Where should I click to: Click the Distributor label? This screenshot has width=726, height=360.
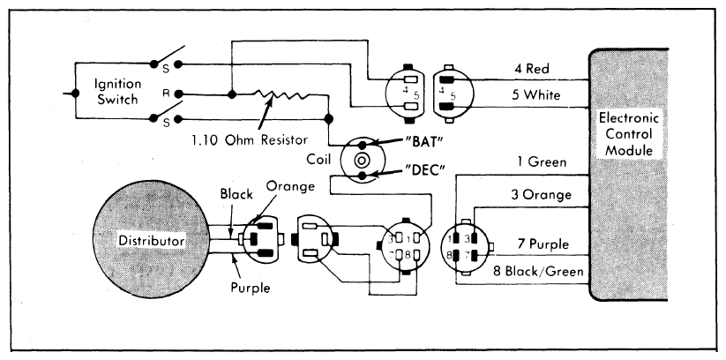[x=152, y=241]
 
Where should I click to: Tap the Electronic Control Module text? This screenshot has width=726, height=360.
[x=629, y=134]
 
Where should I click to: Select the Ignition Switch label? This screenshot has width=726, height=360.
[x=117, y=92]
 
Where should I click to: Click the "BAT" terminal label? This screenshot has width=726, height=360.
[x=421, y=141]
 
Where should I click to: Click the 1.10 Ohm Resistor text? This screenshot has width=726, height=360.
[x=250, y=139]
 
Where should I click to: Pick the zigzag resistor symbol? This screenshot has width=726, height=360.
[x=282, y=94]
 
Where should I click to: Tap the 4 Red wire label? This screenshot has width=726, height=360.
[x=532, y=69]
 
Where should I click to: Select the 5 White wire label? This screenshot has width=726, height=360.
[x=535, y=95]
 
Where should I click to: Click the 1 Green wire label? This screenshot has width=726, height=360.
[x=542, y=162]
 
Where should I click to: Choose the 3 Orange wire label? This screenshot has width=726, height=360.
[x=541, y=195]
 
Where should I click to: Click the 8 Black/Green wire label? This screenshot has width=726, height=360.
[x=538, y=271]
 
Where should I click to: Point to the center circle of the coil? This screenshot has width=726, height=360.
[x=362, y=161]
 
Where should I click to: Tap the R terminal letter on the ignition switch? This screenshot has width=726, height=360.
[x=165, y=94]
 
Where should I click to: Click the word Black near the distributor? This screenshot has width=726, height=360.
[x=236, y=193]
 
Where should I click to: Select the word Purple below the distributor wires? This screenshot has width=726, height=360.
[x=251, y=288]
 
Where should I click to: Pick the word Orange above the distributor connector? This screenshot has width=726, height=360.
[x=291, y=186]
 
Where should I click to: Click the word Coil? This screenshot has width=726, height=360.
[x=318, y=160]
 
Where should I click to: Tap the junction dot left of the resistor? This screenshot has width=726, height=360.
[x=232, y=94]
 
